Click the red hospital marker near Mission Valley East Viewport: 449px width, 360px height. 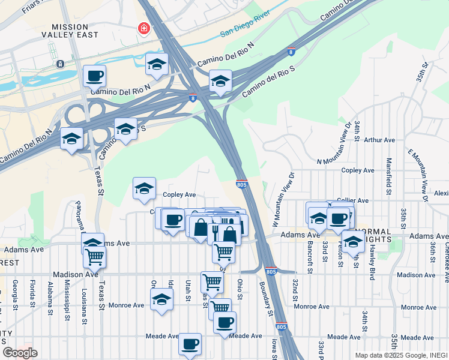[144, 28]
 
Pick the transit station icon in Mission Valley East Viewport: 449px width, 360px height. [60, 64]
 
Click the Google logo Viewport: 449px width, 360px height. [20, 352]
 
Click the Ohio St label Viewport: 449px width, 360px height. [240, 288]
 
